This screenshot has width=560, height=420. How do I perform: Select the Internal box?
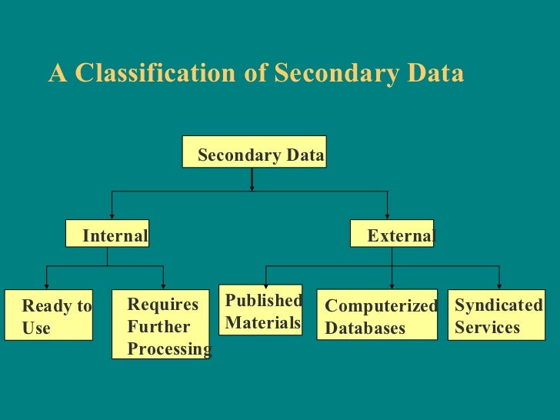tap(107, 235)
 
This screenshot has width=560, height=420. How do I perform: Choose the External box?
tap(392, 235)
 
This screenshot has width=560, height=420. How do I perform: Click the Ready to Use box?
tap(48, 315)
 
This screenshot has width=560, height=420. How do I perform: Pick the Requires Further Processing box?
tap(160, 324)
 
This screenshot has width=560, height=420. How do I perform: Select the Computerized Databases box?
tap(377, 315)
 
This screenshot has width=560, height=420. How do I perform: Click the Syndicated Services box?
tap(496, 315)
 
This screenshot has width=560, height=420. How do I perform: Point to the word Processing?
tap(169, 349)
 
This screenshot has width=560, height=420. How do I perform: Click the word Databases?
tap(365, 328)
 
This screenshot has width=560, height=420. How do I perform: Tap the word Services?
tap(488, 327)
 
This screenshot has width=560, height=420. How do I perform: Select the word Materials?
tap(263, 323)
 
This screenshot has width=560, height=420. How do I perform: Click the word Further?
tap(158, 327)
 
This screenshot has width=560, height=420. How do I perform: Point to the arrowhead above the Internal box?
tap(112, 216)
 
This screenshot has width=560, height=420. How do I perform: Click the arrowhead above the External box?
tap(387, 216)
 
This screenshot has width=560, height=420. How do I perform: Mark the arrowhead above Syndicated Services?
tap(499, 285)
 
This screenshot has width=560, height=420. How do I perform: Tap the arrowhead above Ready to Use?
tap(48, 285)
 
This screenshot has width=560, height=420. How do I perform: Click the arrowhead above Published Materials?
tap(266, 285)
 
